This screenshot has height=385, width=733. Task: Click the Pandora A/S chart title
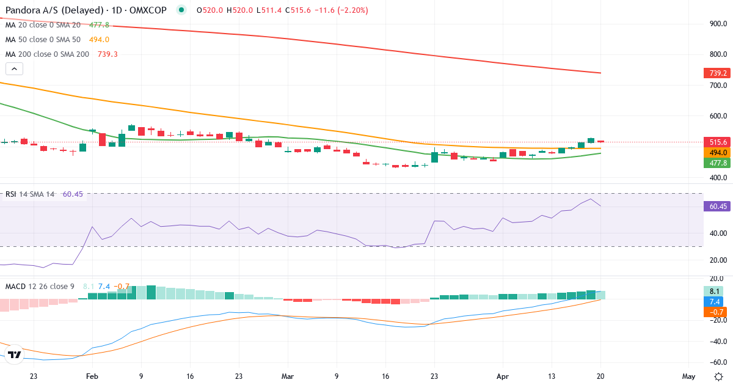tap(86, 10)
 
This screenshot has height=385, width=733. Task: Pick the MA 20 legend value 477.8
tap(99, 25)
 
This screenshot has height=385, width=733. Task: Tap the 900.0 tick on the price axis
tap(717, 24)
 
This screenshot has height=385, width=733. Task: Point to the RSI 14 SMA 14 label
tap(29, 194)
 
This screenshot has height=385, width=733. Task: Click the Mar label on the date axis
tap(288, 376)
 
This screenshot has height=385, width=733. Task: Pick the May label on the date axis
tap(688, 376)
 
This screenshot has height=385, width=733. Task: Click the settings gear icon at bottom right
tap(719, 376)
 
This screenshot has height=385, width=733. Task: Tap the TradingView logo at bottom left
tap(15, 354)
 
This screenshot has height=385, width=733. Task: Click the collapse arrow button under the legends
tap(14, 69)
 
